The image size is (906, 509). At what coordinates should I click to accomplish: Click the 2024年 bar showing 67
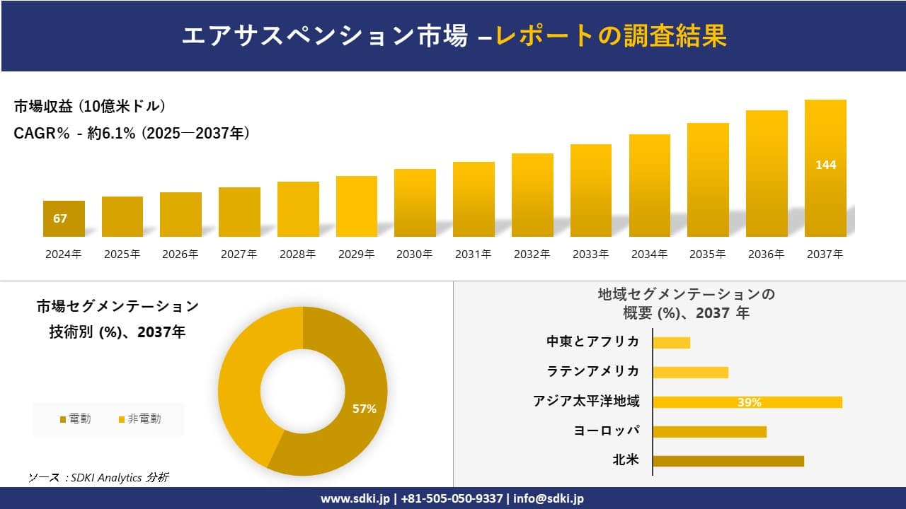[x=64, y=218]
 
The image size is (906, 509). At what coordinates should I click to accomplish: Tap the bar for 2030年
[x=415, y=203]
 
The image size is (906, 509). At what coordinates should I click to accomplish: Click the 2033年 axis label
[x=590, y=255]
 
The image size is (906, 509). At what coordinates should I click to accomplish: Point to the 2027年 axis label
[x=239, y=255]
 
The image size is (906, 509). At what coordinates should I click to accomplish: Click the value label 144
[x=825, y=165]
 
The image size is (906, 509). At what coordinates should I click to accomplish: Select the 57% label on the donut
[x=365, y=409]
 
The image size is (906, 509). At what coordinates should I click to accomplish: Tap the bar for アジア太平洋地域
[x=747, y=402]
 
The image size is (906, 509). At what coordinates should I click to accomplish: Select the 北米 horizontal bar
[x=728, y=461]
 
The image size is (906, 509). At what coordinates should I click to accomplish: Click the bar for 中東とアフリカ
[x=671, y=343]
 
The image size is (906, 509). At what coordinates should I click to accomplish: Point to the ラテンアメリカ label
[x=593, y=372]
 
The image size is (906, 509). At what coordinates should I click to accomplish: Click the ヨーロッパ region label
[x=607, y=431]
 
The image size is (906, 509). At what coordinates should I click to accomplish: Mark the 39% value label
[x=749, y=402]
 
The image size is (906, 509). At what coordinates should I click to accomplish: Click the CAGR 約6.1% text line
[x=132, y=133]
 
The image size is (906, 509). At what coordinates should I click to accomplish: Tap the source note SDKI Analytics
[x=99, y=478]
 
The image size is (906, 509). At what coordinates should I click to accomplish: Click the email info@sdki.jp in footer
[x=549, y=498]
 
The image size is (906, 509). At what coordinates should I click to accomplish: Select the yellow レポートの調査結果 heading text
[x=611, y=36]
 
